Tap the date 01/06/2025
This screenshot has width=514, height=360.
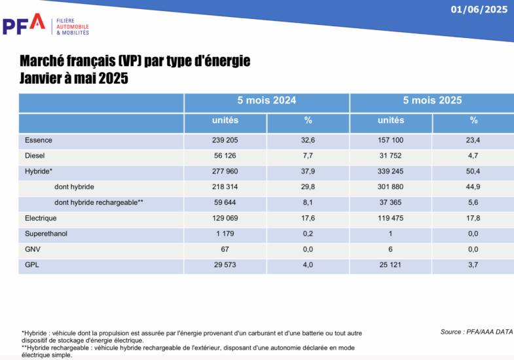(479, 9)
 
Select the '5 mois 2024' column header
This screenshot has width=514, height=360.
(266, 101)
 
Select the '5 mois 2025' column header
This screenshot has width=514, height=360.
(432, 101)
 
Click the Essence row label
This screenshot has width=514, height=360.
(39, 140)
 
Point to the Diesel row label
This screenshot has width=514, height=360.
(35, 156)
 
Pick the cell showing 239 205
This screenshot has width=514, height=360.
(225, 140)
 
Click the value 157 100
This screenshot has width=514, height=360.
(391, 140)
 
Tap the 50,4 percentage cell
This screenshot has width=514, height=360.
(473, 171)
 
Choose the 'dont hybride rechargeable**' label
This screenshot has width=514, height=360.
(98, 202)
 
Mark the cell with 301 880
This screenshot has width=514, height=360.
(391, 187)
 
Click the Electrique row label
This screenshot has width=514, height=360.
(41, 218)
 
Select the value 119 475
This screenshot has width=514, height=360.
(391, 218)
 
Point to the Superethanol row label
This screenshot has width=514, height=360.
(46, 234)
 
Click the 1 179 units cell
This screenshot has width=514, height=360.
(225, 234)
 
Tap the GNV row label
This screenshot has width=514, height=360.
(33, 249)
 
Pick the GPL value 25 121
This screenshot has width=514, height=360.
(391, 265)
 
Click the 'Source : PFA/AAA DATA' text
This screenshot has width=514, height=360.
(476, 332)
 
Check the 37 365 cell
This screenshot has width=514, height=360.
(391, 202)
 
